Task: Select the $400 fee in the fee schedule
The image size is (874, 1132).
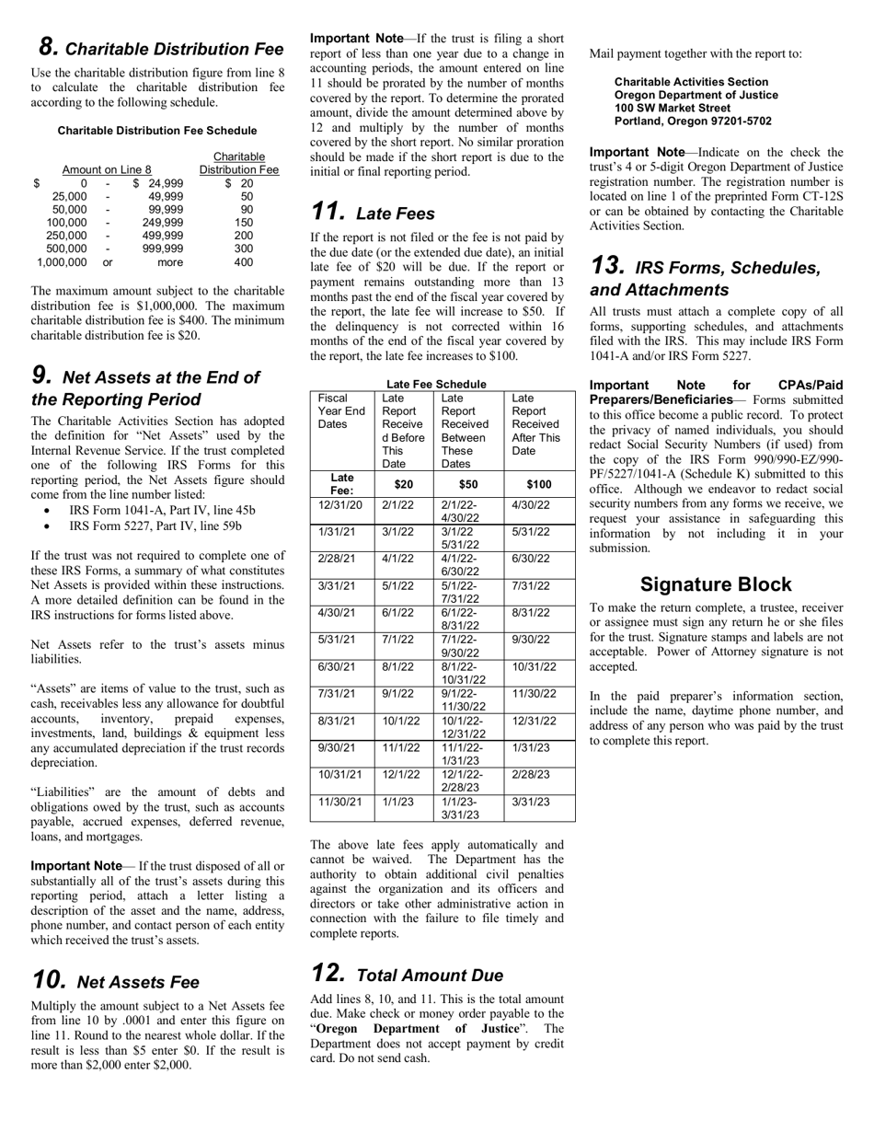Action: pos(243,262)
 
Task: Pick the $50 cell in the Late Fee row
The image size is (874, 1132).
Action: pos(468,484)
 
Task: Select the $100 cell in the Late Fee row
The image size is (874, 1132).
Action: pos(539,484)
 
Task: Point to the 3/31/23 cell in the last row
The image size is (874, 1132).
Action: pos(530,802)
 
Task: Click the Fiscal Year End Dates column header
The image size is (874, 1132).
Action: pos(341,410)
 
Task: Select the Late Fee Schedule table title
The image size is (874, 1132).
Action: pos(436,384)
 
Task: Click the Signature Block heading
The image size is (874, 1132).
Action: pos(715,584)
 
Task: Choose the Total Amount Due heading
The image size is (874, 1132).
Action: pos(407,975)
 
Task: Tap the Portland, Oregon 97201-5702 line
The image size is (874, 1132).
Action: pos(693,121)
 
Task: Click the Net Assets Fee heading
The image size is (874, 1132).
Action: pos(115,981)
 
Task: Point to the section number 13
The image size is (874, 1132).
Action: pos(608,266)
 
